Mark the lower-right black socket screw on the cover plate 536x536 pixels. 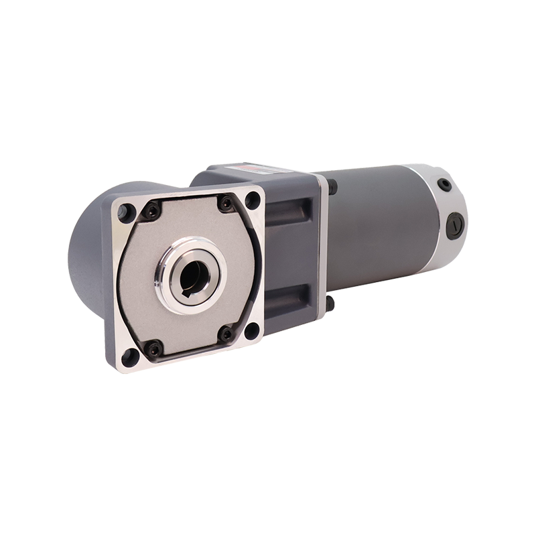click(x=226, y=332)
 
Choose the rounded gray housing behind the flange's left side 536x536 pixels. click(x=85, y=268)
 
